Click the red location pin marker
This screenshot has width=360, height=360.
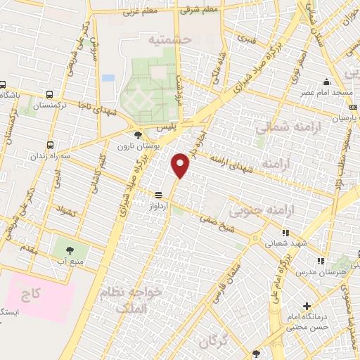181,166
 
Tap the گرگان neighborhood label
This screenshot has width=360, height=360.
214,342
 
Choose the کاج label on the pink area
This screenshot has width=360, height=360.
30,290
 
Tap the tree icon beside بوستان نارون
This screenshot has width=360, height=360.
137,135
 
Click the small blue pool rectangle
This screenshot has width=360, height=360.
108,78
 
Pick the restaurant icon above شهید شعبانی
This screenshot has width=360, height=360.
285,232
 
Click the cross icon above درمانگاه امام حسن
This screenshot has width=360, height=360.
307,306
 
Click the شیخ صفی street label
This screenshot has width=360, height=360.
217,218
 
